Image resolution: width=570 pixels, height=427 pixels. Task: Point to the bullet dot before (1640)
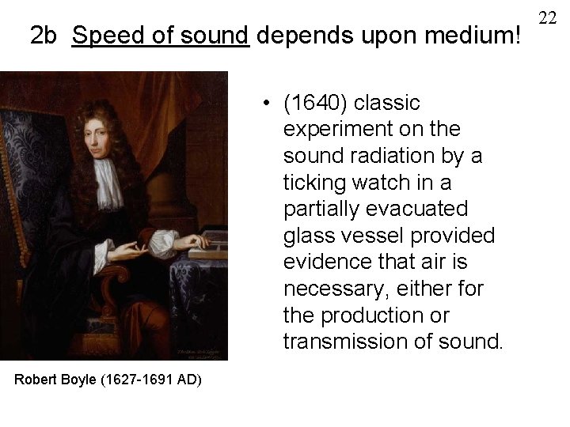270,103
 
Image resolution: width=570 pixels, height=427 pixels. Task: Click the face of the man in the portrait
95,135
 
